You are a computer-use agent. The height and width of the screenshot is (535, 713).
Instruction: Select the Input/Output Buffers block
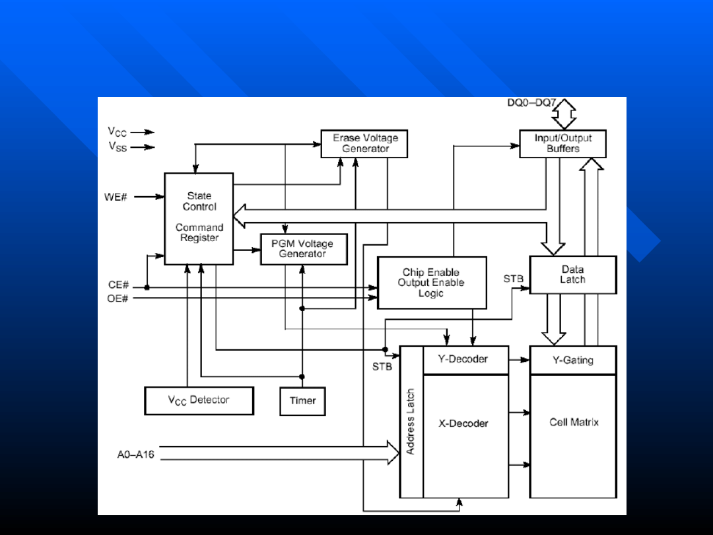562,143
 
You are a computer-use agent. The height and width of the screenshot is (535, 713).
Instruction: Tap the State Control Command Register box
199,219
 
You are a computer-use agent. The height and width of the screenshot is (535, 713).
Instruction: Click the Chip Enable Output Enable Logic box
431,283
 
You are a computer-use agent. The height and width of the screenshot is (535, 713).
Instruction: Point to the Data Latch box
572,275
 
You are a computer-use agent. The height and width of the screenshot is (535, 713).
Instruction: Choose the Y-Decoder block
465,359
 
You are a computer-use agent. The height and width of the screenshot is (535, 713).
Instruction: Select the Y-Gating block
572,360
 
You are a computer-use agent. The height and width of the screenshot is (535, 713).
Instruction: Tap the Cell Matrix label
574,422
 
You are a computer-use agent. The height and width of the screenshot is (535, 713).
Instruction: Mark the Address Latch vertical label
411,421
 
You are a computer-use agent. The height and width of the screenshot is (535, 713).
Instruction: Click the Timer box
302,400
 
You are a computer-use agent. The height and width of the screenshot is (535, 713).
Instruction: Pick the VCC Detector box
199,400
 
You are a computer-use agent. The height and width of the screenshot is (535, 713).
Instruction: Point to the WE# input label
116,197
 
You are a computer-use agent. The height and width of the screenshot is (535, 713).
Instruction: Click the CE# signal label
118,286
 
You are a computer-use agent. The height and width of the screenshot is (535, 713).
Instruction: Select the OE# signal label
118,299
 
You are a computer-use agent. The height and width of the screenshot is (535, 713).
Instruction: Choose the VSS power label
118,147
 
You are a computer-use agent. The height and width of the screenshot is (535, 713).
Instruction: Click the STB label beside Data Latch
513,279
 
